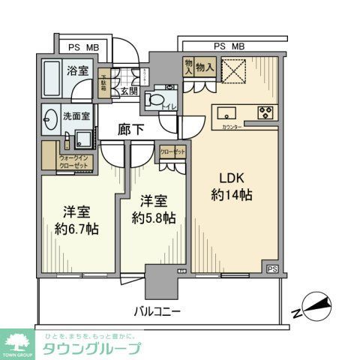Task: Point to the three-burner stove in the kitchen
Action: (x=265, y=114)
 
